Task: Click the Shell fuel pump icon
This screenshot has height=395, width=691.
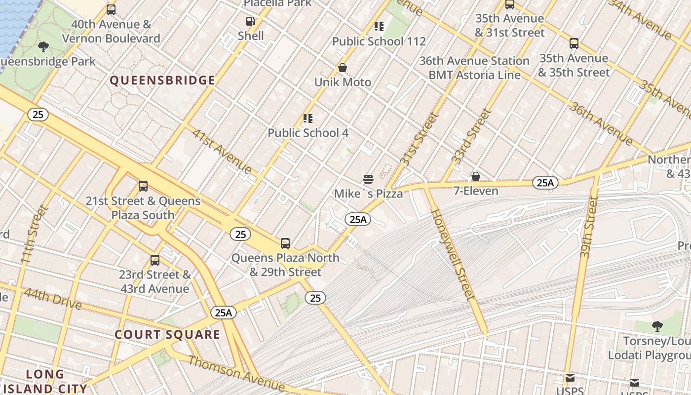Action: click(250, 21)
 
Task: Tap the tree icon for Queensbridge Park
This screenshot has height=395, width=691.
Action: click(43, 47)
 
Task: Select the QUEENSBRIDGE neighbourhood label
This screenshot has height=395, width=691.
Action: click(162, 80)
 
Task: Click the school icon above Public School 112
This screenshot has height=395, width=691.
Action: click(379, 27)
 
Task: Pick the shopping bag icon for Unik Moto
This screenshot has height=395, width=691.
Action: click(342, 68)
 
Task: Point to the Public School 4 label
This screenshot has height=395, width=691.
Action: click(307, 133)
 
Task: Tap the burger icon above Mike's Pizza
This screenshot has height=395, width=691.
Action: click(368, 179)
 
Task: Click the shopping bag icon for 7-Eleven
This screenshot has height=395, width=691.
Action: click(475, 176)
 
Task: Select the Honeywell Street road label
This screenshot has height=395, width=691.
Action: click(453, 254)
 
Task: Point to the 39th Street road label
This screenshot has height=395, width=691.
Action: click(586, 227)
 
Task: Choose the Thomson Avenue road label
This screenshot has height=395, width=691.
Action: click(236, 373)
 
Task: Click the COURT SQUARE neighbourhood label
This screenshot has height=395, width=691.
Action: click(167, 335)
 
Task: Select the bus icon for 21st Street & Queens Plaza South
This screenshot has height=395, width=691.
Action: click(143, 186)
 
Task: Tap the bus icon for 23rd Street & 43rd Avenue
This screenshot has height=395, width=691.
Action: click(155, 260)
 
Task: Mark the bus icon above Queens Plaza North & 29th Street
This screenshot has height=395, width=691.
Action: click(285, 243)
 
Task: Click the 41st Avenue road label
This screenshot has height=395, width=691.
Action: click(222, 152)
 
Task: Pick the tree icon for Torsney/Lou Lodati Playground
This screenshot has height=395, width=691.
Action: click(657, 326)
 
